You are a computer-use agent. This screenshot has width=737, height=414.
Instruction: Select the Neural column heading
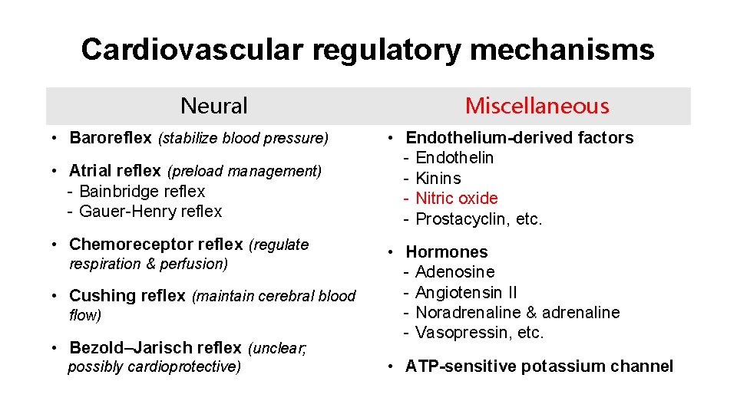tap(213, 106)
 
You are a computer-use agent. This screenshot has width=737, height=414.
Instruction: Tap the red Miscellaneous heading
tap(537, 106)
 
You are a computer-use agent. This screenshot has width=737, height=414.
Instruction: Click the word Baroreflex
tap(111, 138)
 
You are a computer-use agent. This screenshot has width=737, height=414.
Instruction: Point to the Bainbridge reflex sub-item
tap(142, 191)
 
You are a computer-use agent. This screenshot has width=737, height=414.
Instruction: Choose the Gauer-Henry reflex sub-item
tap(150, 211)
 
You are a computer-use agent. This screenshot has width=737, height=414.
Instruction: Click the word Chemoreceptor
tap(131, 245)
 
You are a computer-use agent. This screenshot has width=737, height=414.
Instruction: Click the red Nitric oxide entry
tap(457, 198)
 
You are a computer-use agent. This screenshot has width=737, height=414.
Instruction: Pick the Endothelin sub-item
tap(454, 158)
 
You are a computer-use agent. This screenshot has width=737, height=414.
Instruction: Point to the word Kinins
tap(438, 178)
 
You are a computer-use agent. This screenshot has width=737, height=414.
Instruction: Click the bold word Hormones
tap(447, 251)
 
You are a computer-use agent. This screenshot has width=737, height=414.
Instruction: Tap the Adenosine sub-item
tap(454, 271)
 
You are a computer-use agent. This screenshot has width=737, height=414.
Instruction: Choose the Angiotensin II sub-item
tap(466, 292)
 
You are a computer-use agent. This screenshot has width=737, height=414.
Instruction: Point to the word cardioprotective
tap(183, 366)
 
